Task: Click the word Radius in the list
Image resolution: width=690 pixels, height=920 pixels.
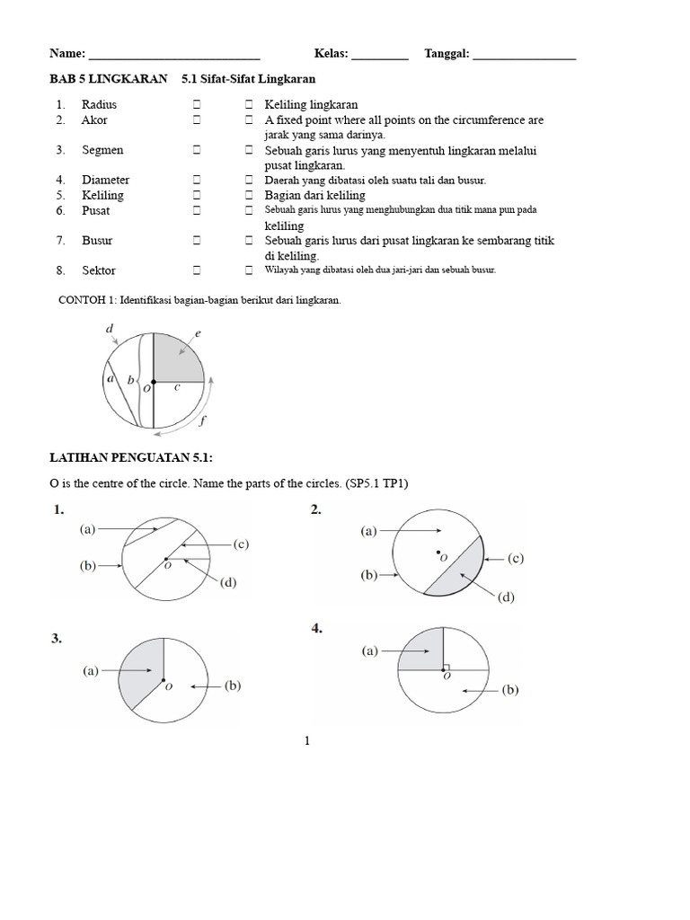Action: pyautogui.click(x=99, y=104)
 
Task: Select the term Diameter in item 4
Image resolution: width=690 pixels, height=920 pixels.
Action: pyautogui.click(x=105, y=180)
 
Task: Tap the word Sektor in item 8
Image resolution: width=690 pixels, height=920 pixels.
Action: pyautogui.click(x=99, y=270)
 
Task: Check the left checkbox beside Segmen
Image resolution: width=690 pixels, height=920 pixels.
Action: pyautogui.click(x=195, y=150)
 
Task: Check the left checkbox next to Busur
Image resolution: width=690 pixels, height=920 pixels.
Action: pyautogui.click(x=195, y=241)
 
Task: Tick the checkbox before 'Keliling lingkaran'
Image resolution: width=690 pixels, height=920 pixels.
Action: pyautogui.click(x=250, y=104)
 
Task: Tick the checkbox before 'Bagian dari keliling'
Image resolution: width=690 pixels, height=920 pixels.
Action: pyautogui.click(x=250, y=195)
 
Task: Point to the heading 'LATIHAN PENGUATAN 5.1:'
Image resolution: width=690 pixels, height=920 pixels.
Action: pyautogui.click(x=130, y=458)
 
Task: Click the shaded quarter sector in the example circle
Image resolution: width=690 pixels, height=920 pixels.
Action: pyautogui.click(x=177, y=357)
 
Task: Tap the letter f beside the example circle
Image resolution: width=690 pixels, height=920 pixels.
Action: pyautogui.click(x=204, y=419)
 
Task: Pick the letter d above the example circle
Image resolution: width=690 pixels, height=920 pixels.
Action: pyautogui.click(x=110, y=329)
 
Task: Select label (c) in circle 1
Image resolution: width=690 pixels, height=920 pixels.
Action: pyautogui.click(x=240, y=544)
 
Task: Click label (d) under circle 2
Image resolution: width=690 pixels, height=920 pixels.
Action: pyautogui.click(x=507, y=597)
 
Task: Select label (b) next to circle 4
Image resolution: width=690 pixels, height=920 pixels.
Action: pyautogui.click(x=510, y=690)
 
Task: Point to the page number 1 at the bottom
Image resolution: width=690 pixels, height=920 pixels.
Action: pyautogui.click(x=307, y=741)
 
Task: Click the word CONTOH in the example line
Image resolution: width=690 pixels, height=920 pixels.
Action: pyautogui.click(x=79, y=300)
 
